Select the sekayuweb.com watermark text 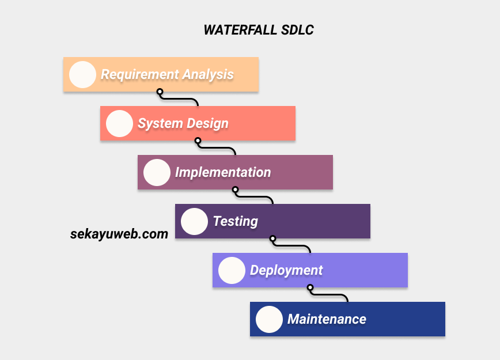pyautogui.click(x=119, y=234)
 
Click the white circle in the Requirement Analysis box pyautogui.click(x=82, y=75)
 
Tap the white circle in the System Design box pyautogui.click(x=119, y=124)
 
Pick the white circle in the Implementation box pyautogui.click(x=157, y=173)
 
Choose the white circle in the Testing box pyautogui.click(x=194, y=222)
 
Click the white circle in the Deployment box pyautogui.click(x=232, y=271)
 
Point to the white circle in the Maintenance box pyautogui.click(x=269, y=320)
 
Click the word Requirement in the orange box pyautogui.click(x=140, y=75)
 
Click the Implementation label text pyautogui.click(x=223, y=173)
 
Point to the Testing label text pyautogui.click(x=236, y=222)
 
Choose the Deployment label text pyautogui.click(x=286, y=271)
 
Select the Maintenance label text pyautogui.click(x=327, y=320)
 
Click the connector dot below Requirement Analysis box pyautogui.click(x=160, y=92)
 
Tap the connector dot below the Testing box pyautogui.click(x=272, y=238)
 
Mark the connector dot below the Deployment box pyautogui.click(x=310, y=287)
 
